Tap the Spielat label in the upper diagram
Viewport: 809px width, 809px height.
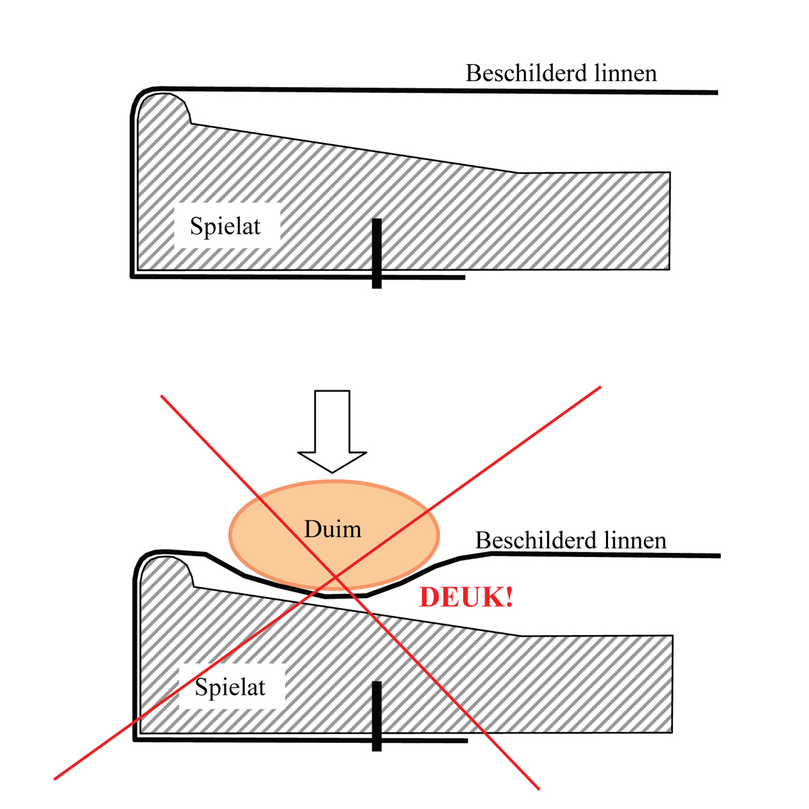click(225, 227)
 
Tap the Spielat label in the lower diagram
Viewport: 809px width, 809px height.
click(230, 688)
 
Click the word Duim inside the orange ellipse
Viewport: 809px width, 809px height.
click(332, 529)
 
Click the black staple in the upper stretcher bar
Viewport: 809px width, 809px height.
click(377, 253)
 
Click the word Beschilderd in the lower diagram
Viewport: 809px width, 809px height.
click(530, 541)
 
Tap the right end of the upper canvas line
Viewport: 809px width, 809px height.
click(716, 92)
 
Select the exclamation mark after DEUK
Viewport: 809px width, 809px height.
click(508, 598)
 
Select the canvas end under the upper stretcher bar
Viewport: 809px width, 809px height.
click(462, 277)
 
